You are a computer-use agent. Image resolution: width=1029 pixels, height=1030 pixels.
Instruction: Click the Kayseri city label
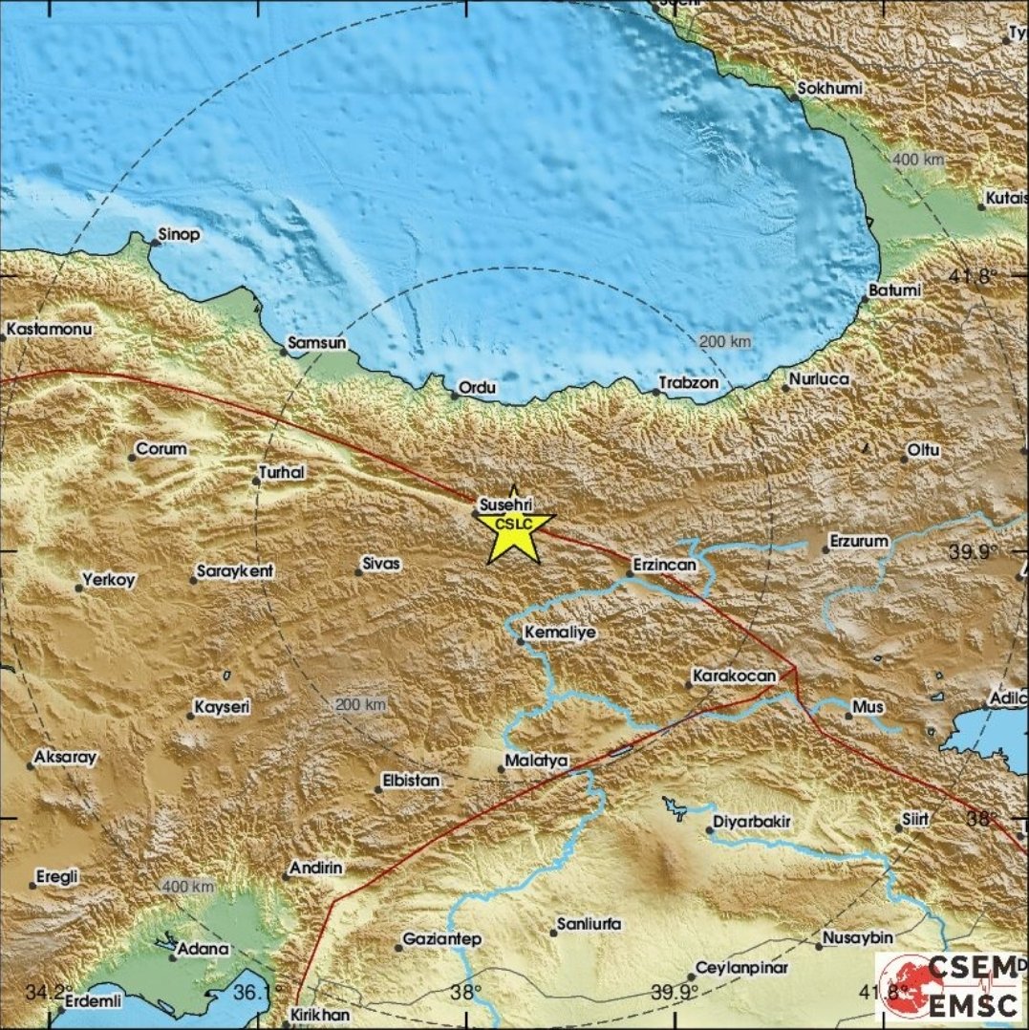click(x=222, y=708)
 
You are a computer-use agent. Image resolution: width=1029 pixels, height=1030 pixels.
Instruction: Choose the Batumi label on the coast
click(x=895, y=290)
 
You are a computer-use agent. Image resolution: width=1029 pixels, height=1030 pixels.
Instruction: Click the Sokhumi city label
click(x=830, y=88)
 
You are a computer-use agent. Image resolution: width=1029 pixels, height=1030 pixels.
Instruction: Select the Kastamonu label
click(x=48, y=331)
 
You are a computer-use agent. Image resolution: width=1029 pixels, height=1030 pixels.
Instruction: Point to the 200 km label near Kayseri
click(x=360, y=704)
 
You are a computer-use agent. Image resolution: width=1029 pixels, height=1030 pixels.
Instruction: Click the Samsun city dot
click(x=284, y=352)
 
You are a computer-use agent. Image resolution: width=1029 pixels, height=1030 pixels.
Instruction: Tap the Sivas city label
click(x=382, y=564)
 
